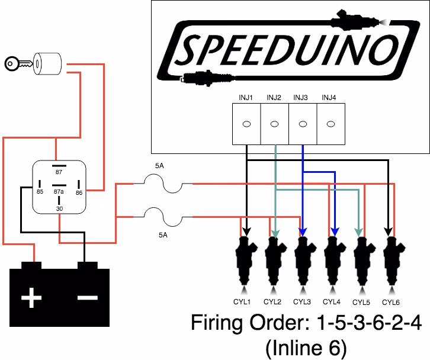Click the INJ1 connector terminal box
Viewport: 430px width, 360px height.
(x=246, y=124)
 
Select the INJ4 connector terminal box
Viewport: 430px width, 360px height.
(x=332, y=124)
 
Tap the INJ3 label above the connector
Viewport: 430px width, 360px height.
(x=302, y=98)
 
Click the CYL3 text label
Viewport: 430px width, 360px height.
(x=302, y=302)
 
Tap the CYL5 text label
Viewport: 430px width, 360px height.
(x=361, y=302)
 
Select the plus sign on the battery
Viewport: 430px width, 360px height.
(x=31, y=298)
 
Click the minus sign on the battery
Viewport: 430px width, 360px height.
(x=88, y=296)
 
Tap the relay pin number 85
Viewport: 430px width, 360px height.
(x=40, y=191)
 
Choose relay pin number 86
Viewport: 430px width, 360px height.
(x=79, y=192)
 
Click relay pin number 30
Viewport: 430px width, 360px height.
(x=59, y=208)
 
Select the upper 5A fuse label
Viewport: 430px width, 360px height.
(x=159, y=167)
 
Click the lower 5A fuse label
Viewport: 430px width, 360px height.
(x=163, y=234)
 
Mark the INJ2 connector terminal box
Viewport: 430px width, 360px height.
(x=275, y=124)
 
